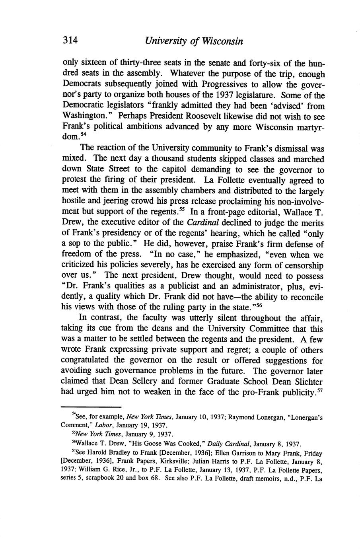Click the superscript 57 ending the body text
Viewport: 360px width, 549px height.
[x=321, y=390]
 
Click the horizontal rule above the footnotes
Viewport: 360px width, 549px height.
[x=91, y=407]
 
